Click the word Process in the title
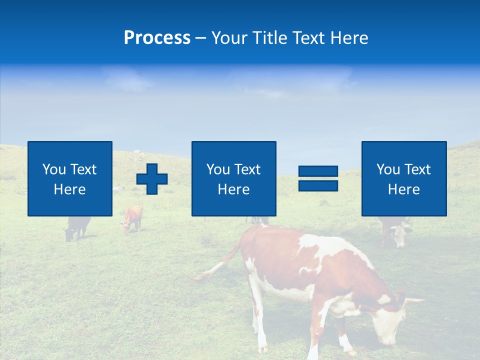157,38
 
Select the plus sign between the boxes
152,179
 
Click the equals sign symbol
318,178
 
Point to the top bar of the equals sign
318,171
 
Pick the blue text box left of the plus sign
70,178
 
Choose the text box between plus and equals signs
233,178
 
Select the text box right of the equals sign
403,178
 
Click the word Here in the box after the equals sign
403,189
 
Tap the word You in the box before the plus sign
54,169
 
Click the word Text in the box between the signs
247,169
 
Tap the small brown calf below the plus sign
132,219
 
